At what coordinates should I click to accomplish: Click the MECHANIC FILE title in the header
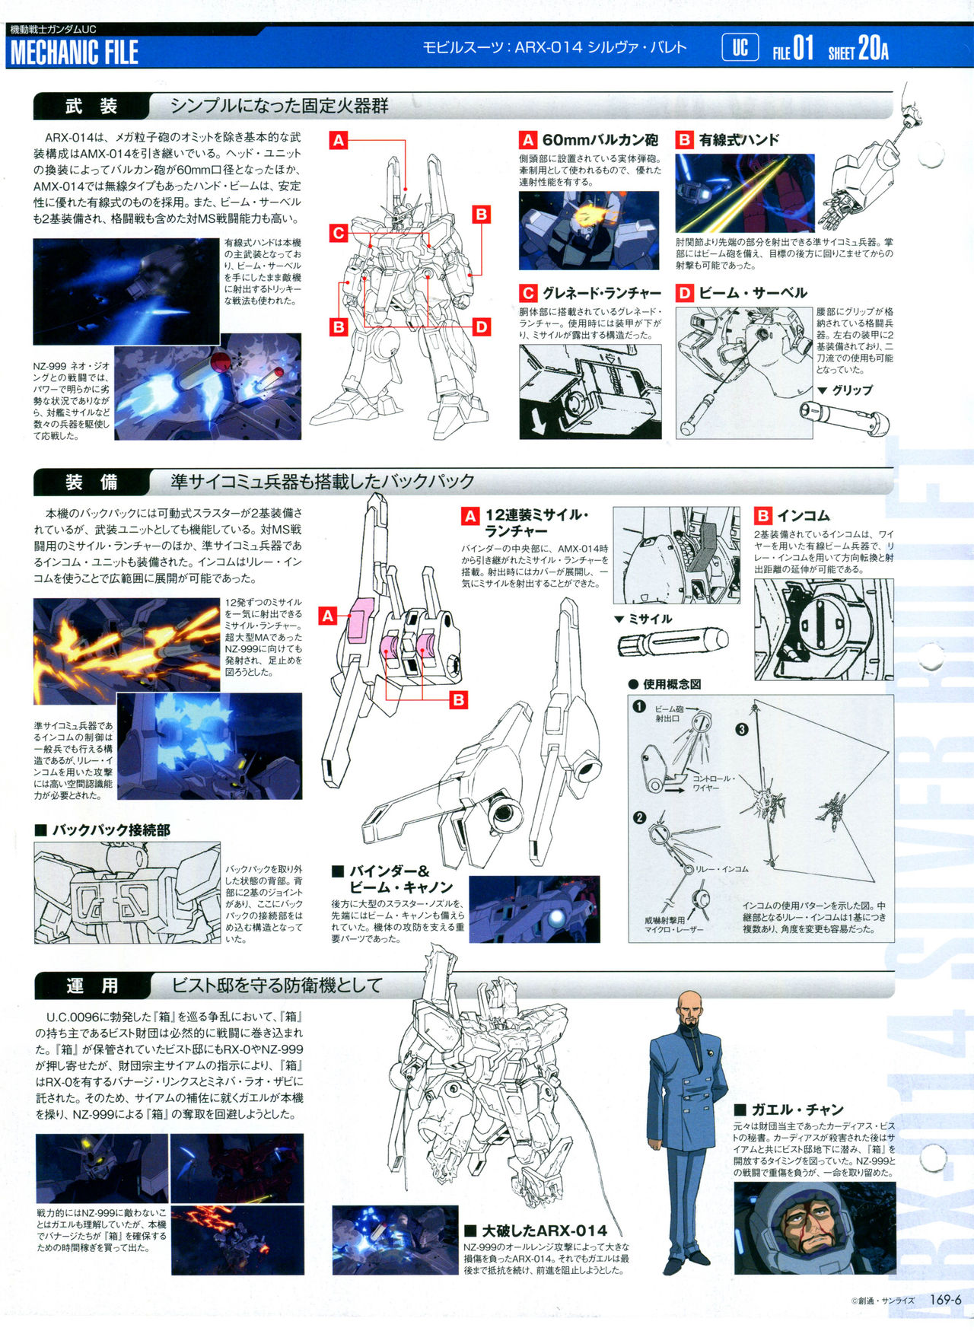click(74, 53)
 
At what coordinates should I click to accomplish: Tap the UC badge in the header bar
click(740, 49)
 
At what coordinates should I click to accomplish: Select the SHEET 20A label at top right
click(858, 49)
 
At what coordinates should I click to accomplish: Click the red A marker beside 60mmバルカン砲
click(528, 140)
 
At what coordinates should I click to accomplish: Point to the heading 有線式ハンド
click(739, 140)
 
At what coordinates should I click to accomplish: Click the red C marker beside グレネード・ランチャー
click(528, 293)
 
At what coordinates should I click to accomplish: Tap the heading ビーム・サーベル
click(753, 293)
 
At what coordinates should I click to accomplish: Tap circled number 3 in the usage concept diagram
click(742, 729)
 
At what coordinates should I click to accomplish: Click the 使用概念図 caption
click(672, 684)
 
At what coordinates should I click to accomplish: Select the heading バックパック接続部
click(111, 829)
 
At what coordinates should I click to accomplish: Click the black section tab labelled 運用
click(92, 986)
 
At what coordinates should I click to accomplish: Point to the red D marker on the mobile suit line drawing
click(481, 327)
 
